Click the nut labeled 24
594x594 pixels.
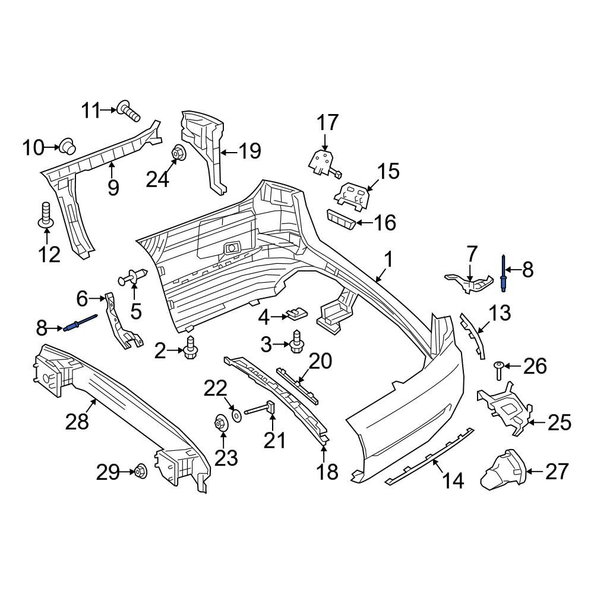coord(178,154)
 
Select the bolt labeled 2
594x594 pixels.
coord(190,347)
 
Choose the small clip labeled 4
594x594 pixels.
coord(298,313)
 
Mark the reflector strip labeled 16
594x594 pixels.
coord(340,219)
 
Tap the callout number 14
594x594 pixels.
coord(453,481)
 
